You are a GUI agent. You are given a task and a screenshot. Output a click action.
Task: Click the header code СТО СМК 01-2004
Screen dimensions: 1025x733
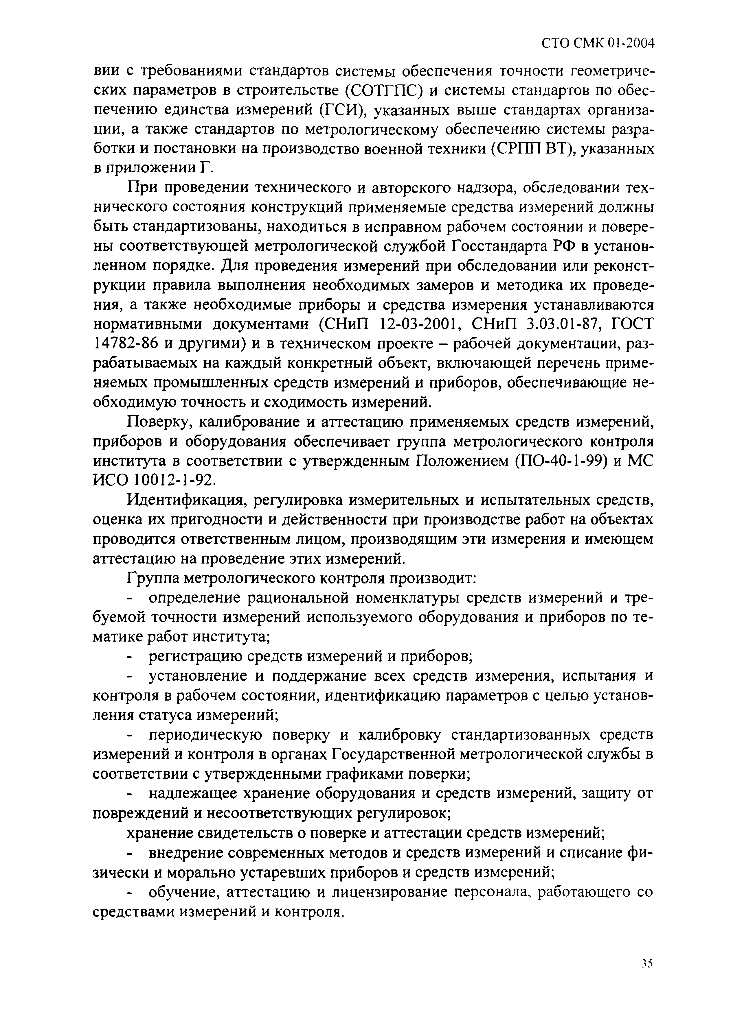tap(598, 44)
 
